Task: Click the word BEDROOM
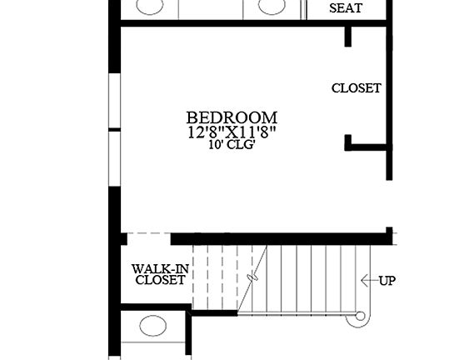click(232, 118)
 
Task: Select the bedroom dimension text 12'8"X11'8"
click(232, 132)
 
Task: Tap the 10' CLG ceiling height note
click(232, 144)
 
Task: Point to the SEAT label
click(346, 9)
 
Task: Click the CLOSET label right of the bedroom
click(356, 87)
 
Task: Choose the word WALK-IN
click(160, 268)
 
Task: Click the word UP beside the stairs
click(387, 281)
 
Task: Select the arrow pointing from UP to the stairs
click(367, 281)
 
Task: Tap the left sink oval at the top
click(150, 7)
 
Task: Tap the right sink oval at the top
click(272, 7)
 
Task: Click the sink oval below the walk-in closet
click(153, 326)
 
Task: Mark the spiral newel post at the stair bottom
click(360, 317)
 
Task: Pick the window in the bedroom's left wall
click(115, 129)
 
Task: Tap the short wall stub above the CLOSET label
click(348, 37)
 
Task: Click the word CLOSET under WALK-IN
click(160, 281)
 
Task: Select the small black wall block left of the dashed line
click(122, 239)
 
